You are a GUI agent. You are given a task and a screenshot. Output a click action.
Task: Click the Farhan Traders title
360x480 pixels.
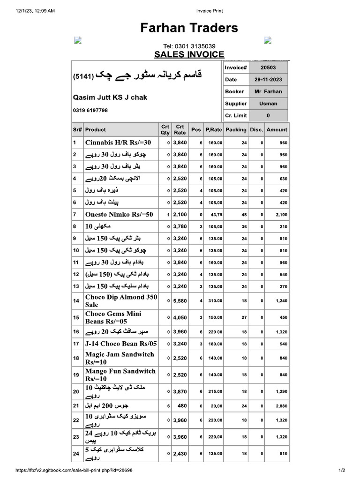coord(189,28)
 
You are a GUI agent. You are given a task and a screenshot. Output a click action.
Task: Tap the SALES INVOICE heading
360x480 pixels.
coord(189,54)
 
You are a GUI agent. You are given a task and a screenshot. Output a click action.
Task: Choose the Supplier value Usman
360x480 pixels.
coord(268,104)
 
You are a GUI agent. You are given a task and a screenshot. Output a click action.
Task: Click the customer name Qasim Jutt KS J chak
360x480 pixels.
coord(110,97)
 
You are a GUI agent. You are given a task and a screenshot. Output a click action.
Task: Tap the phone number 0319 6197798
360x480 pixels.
coord(90,111)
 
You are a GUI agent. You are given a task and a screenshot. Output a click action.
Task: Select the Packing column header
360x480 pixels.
coord(235,130)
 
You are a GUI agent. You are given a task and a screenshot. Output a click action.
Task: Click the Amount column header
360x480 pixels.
coord(277,130)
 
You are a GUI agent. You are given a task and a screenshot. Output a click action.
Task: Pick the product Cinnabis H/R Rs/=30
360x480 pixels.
coord(118,142)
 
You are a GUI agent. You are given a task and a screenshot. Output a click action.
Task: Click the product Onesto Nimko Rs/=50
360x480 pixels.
coord(119,214)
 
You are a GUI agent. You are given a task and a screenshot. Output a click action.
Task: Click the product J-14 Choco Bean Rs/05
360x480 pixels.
coord(121,344)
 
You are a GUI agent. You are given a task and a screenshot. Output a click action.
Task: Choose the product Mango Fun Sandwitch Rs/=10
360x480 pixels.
coord(120,375)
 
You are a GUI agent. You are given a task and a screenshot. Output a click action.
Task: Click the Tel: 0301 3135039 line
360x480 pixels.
coord(189,46)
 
